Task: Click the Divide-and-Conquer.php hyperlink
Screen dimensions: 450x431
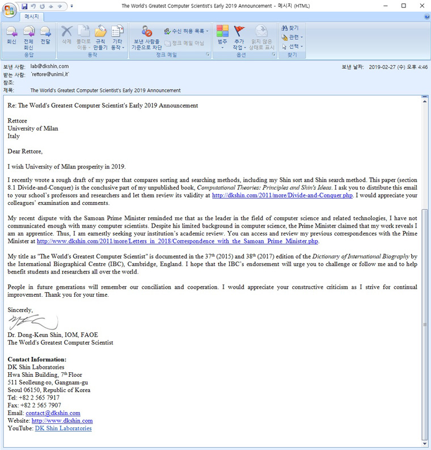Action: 281,196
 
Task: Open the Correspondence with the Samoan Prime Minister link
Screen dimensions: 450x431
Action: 178,257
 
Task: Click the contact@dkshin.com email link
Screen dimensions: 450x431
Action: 53,413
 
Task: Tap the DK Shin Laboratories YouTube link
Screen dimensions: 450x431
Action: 63,428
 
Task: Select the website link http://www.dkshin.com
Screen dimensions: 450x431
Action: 62,421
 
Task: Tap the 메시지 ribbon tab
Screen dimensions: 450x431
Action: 31,16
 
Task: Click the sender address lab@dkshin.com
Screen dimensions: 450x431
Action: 49,66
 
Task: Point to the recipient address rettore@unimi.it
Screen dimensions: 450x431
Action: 50,74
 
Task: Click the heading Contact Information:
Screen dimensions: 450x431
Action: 37,360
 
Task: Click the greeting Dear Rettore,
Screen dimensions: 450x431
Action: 25,152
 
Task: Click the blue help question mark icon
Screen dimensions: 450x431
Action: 426,16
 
